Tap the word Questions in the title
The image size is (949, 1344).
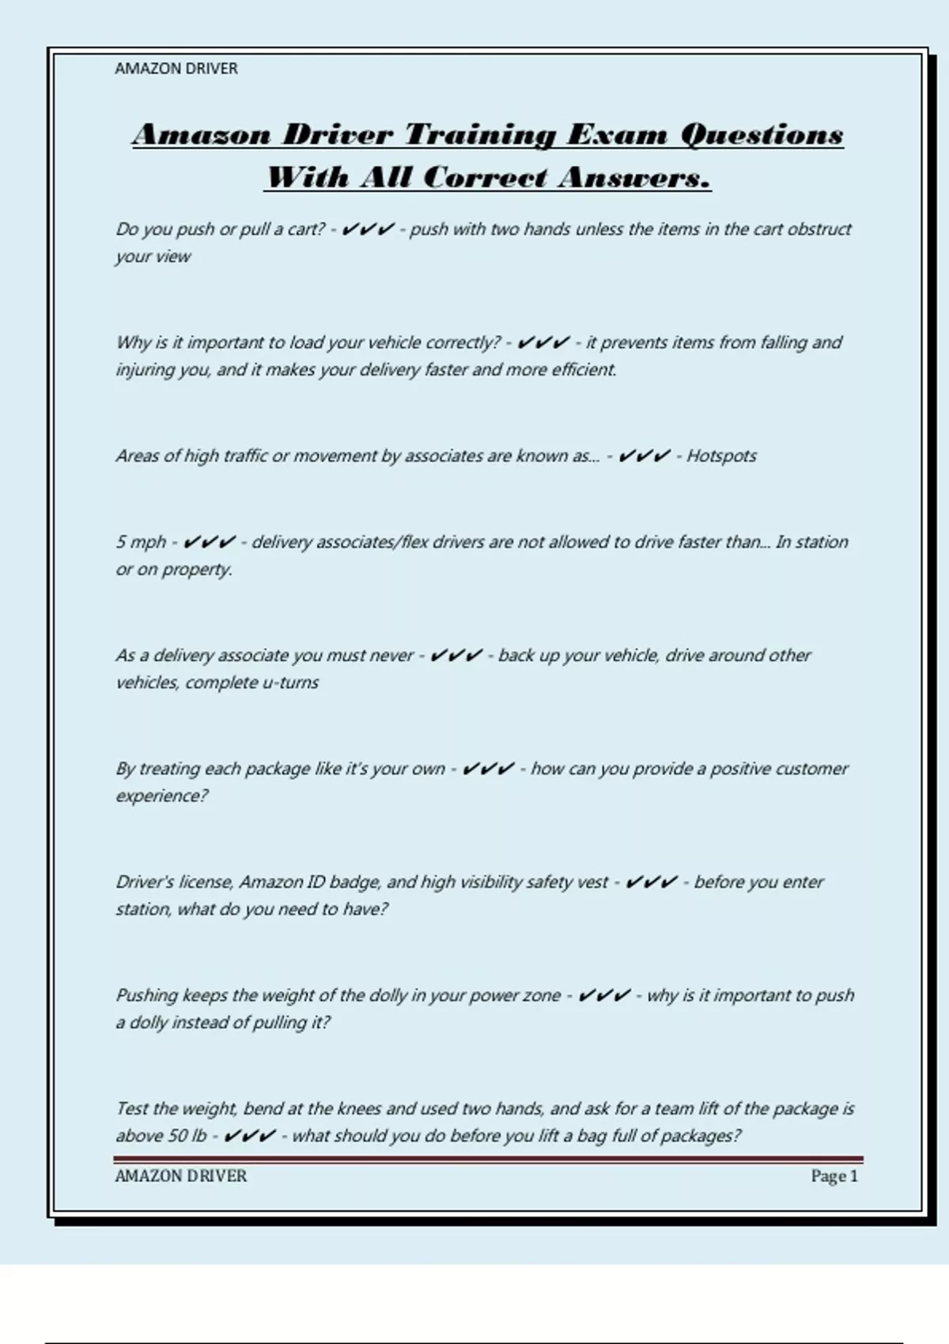(x=762, y=135)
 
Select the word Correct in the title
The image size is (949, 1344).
(x=484, y=178)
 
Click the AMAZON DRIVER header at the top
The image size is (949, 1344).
(x=176, y=69)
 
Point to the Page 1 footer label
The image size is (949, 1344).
(x=834, y=1176)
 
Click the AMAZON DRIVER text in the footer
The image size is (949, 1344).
(x=181, y=1176)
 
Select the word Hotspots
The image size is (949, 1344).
(x=721, y=456)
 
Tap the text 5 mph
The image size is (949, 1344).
(x=141, y=542)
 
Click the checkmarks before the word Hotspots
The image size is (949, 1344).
(x=644, y=456)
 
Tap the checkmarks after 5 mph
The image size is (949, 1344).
(x=209, y=542)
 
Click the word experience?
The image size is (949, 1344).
(x=162, y=796)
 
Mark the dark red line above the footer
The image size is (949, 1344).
(x=488, y=1160)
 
